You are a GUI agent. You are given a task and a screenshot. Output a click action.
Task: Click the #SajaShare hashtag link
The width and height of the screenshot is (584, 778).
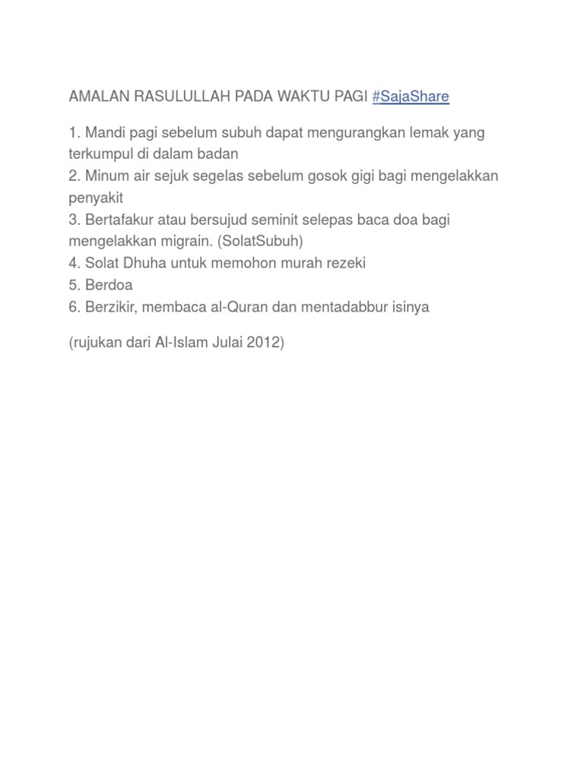(x=411, y=96)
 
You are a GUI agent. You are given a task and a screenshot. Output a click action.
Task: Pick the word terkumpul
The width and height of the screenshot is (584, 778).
(x=99, y=153)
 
